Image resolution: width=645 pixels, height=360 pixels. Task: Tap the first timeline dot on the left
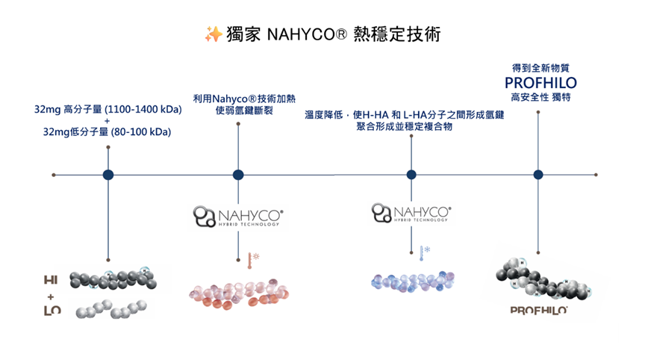pos(108,175)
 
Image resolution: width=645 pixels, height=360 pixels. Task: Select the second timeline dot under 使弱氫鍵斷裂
pos(238,175)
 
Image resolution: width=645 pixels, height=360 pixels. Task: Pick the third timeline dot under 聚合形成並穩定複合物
pos(411,175)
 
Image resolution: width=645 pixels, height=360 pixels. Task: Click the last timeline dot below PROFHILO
pos(538,175)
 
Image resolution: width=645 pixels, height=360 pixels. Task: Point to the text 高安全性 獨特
pos(540,96)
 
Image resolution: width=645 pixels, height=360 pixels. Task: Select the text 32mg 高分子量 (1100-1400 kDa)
pos(108,110)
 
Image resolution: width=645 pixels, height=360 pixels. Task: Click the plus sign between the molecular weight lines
pos(108,121)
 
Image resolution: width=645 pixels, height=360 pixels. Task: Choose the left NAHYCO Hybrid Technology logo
pos(238,217)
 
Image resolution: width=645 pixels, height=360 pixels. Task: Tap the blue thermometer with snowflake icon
pos(424,252)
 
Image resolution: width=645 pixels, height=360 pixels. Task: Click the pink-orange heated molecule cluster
pos(238,294)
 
